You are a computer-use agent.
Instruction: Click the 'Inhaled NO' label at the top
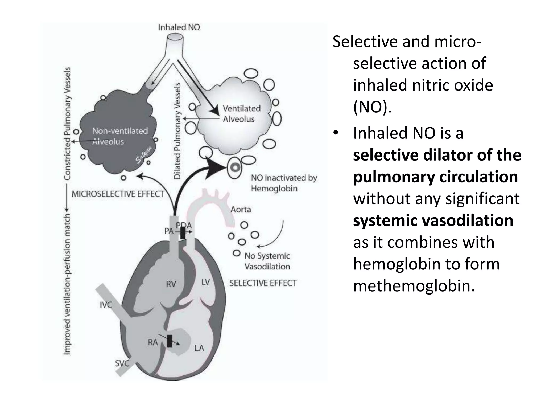pyautogui.click(x=179, y=27)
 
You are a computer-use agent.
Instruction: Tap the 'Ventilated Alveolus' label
pyautogui.click(x=241, y=114)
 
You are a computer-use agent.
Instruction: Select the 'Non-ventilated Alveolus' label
pyautogui.click(x=120, y=136)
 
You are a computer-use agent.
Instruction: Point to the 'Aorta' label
pyautogui.click(x=241, y=210)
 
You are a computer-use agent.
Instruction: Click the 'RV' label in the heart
pyautogui.click(x=171, y=284)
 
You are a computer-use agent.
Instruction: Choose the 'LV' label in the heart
pyautogui.click(x=205, y=282)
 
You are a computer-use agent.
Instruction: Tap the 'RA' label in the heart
pyautogui.click(x=153, y=342)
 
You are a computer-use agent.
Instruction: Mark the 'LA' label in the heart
pyautogui.click(x=199, y=348)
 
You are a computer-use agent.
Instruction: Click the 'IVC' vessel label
pyautogui.click(x=106, y=305)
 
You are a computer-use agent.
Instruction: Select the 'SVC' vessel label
pyautogui.click(x=122, y=363)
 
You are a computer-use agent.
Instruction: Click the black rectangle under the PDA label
pyautogui.click(x=183, y=233)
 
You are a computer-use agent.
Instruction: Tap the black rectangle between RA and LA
pyautogui.click(x=170, y=341)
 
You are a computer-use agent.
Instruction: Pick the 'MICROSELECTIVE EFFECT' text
pyautogui.click(x=118, y=194)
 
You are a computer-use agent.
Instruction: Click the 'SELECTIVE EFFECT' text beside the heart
pyautogui.click(x=263, y=283)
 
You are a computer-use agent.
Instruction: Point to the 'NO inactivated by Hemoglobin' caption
pyautogui.click(x=284, y=183)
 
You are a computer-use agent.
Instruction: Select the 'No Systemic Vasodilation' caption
pyautogui.click(x=267, y=261)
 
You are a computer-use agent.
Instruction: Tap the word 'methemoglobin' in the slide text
pyautogui.click(x=414, y=286)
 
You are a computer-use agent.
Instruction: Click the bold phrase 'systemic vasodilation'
pyautogui.click(x=433, y=220)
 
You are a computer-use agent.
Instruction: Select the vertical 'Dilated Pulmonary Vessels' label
pyautogui.click(x=177, y=130)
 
